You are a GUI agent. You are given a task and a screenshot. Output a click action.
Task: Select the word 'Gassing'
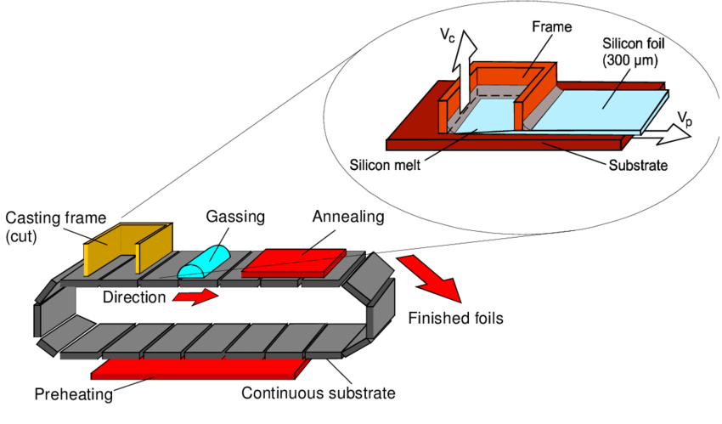click(235, 217)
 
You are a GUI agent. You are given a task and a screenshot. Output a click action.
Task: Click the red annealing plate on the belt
click(292, 262)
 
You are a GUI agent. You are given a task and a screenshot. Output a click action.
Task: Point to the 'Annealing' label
click(348, 217)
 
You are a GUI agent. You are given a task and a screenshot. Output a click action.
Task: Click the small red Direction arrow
click(195, 297)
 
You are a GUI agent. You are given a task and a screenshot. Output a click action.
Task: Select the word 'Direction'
click(133, 298)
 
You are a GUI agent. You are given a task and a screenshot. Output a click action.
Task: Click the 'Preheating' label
click(74, 394)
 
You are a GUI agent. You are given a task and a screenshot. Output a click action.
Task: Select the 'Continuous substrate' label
click(318, 393)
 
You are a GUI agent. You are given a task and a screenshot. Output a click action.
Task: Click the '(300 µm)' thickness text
click(629, 60)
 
